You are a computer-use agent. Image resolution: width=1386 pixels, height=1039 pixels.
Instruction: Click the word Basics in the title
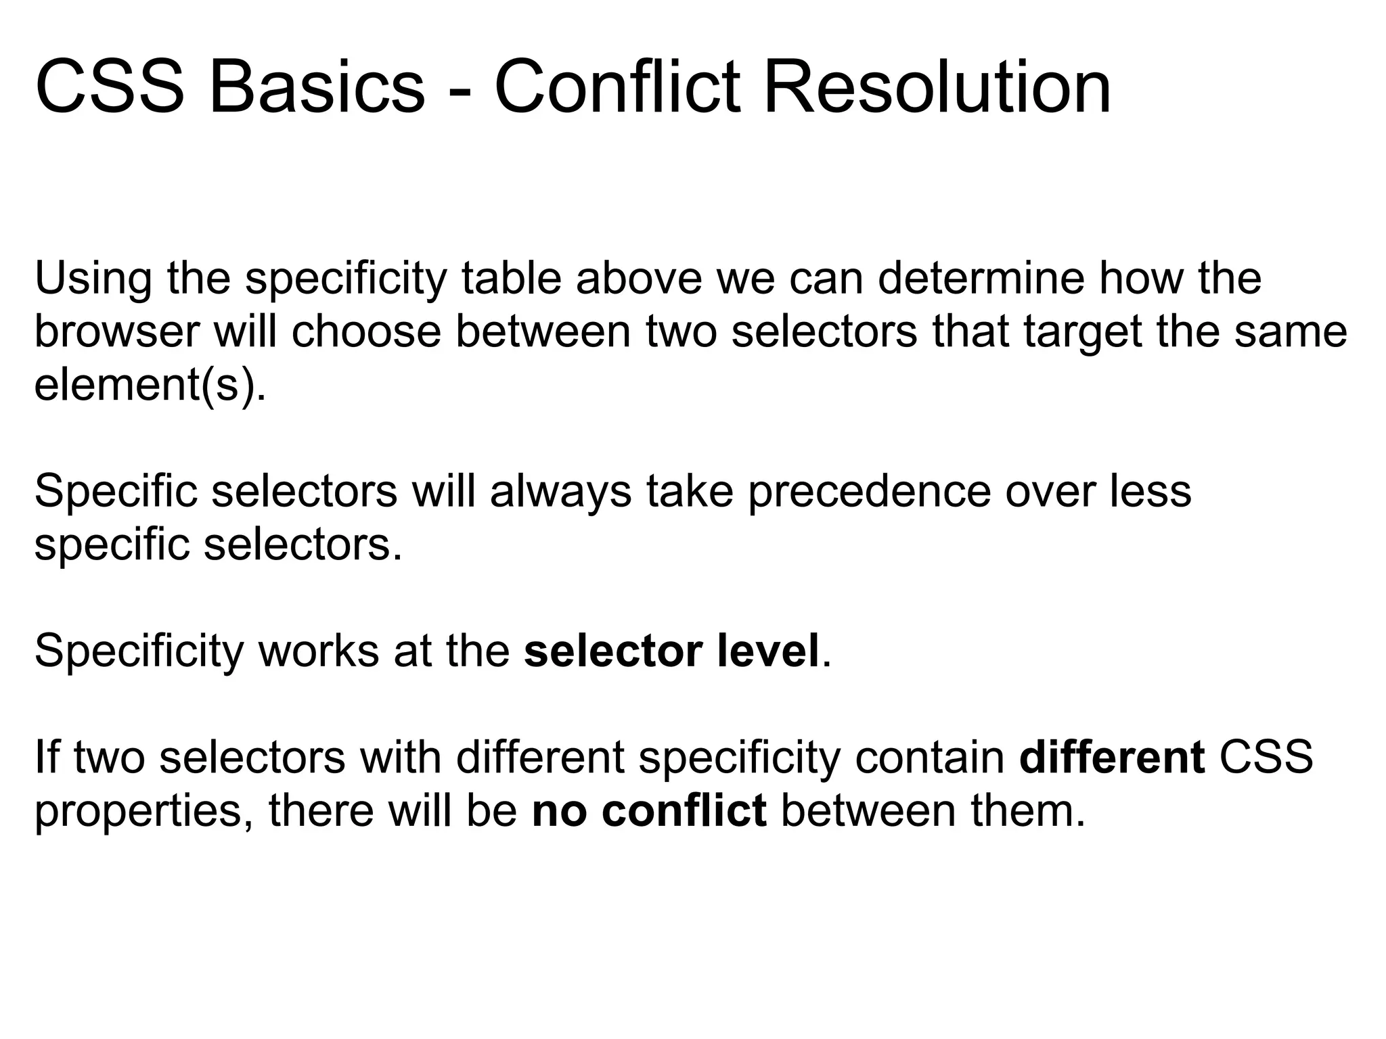(x=317, y=88)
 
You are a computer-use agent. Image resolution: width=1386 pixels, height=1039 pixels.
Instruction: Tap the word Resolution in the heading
(x=937, y=88)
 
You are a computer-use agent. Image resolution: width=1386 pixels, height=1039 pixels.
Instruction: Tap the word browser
(x=117, y=333)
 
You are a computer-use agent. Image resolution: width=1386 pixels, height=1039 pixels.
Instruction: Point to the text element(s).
(x=150, y=387)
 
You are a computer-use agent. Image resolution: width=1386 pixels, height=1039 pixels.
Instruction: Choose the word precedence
(x=869, y=492)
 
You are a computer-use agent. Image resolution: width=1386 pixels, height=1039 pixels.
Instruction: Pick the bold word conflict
(x=684, y=810)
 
